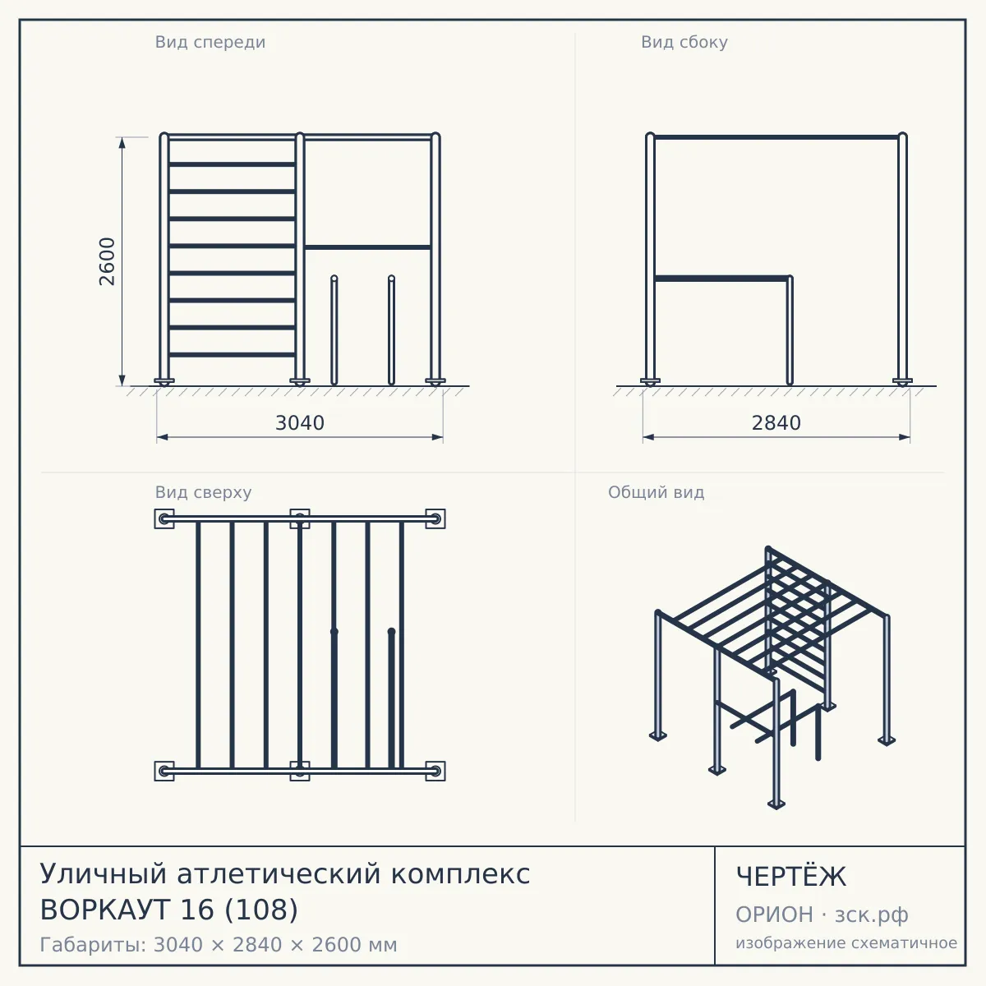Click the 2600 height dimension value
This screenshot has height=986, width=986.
click(x=108, y=261)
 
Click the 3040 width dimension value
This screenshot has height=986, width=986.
click(x=300, y=423)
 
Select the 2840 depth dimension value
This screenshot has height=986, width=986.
click(x=776, y=423)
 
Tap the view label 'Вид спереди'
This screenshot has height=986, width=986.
click(x=210, y=42)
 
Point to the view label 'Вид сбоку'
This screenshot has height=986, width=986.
click(x=684, y=42)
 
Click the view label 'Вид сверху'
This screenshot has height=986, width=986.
click(x=203, y=492)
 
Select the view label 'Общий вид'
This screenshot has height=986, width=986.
click(x=656, y=492)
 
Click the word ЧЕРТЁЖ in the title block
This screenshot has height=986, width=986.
click(x=791, y=877)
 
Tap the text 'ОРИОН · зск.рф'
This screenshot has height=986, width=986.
click(x=822, y=915)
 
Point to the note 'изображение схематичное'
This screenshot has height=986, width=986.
click(x=846, y=942)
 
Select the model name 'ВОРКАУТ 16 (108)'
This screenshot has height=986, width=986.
click(x=169, y=910)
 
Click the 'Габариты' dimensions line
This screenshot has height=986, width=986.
click(x=219, y=945)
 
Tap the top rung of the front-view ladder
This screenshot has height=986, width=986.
click(x=232, y=164)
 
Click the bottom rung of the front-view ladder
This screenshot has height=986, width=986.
click(x=232, y=355)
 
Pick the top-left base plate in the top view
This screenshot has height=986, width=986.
click(x=164, y=518)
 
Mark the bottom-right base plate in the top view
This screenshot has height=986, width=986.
click(x=435, y=771)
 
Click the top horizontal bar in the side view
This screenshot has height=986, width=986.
click(x=776, y=137)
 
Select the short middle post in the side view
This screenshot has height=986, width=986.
click(x=790, y=330)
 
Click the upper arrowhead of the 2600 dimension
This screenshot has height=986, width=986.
click(x=122, y=143)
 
